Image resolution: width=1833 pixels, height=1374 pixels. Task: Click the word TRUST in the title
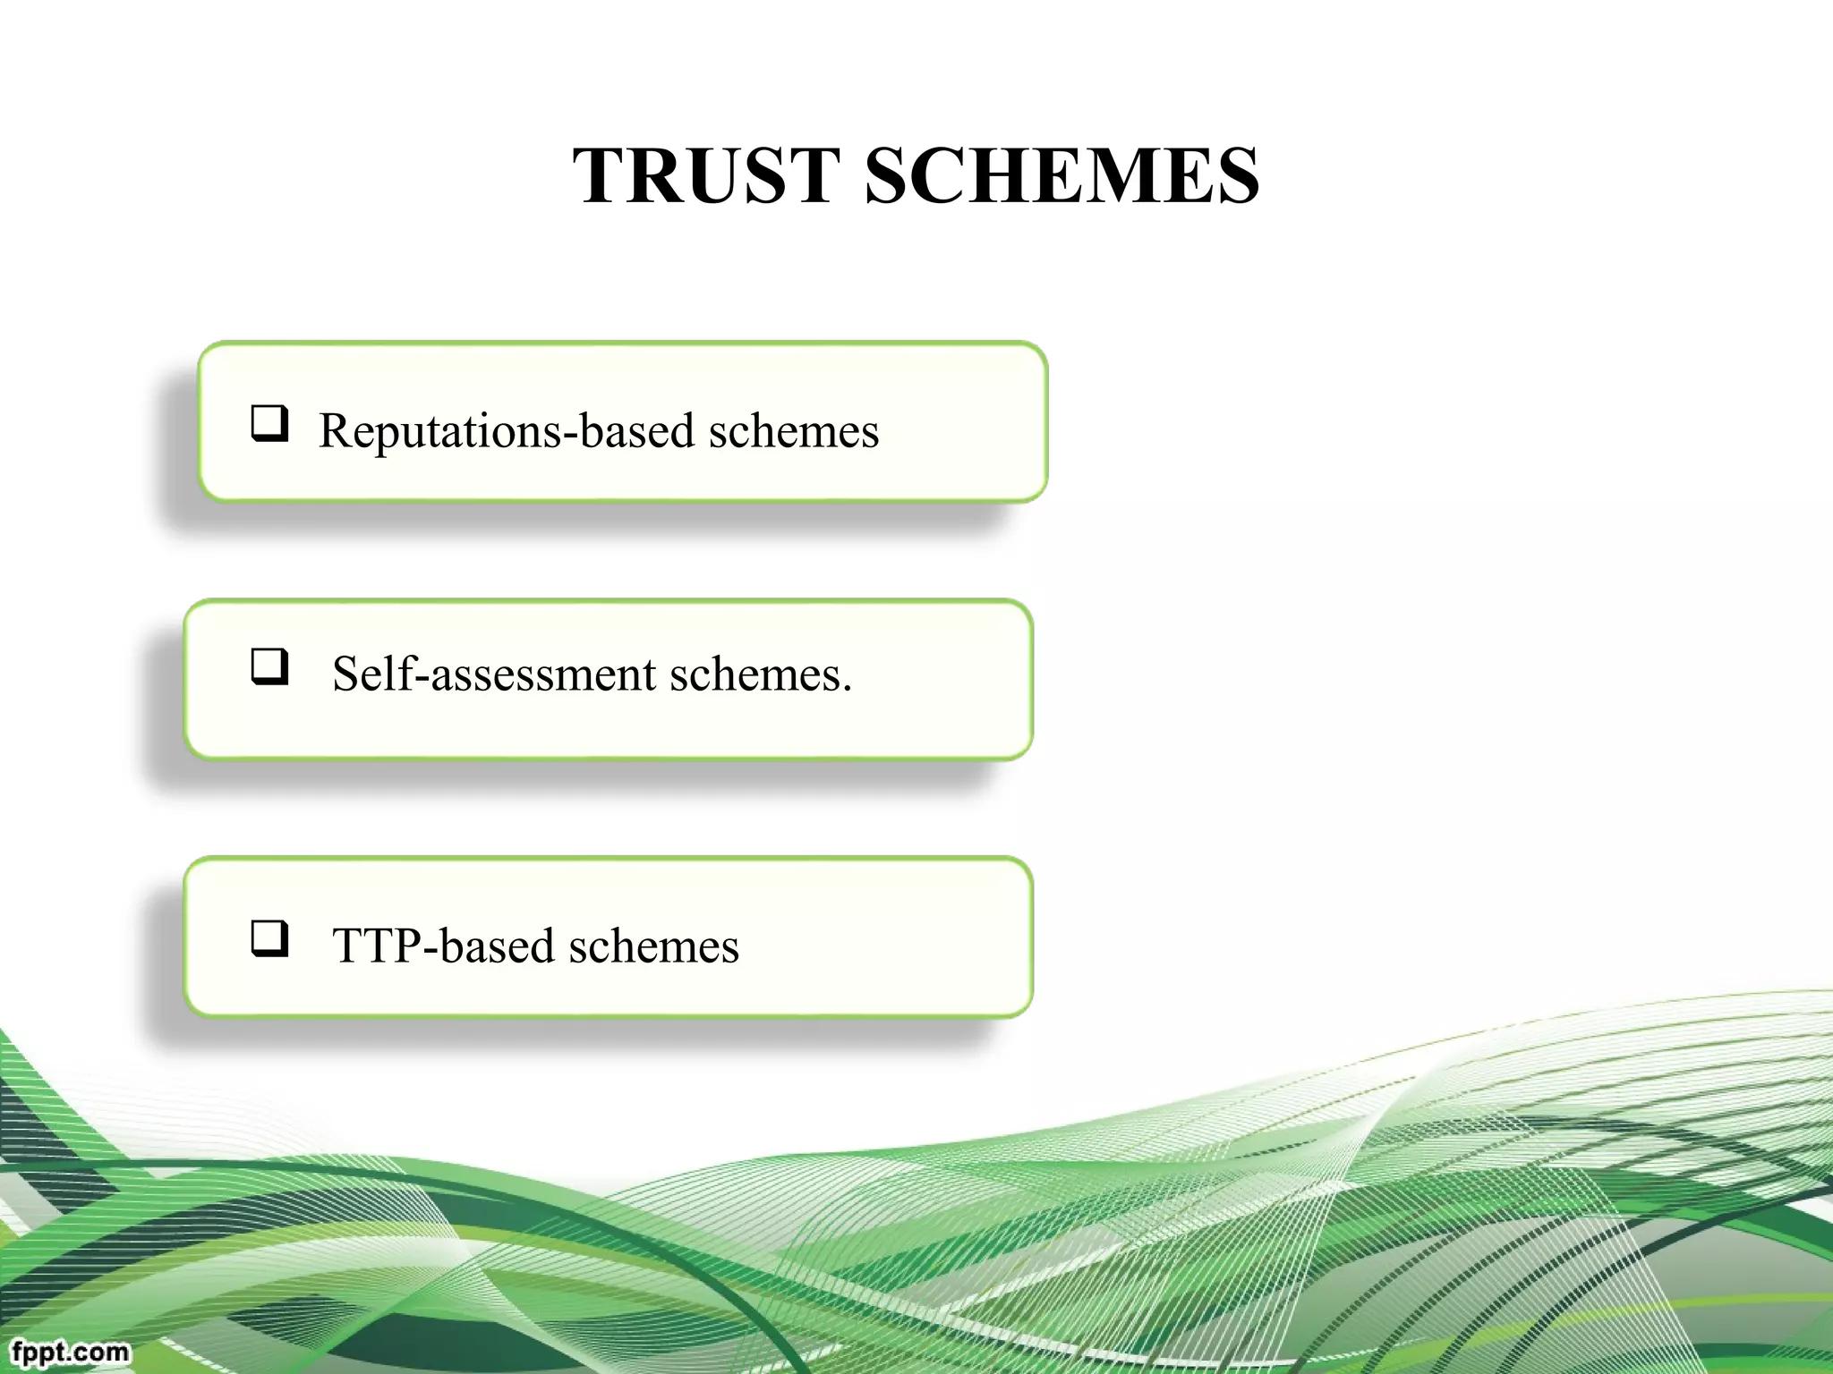pyautogui.click(x=707, y=175)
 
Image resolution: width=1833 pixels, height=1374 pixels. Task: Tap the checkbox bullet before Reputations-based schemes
pyautogui.click(x=269, y=423)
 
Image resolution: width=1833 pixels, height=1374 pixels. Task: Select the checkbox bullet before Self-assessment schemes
pyautogui.click(x=269, y=666)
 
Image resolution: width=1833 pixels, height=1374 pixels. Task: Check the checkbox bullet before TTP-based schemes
pyautogui.click(x=269, y=938)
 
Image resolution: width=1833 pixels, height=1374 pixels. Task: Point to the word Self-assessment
pyautogui.click(x=494, y=674)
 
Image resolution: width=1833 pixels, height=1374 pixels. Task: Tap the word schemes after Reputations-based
pyautogui.click(x=794, y=431)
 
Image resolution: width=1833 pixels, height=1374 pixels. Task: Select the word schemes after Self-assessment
pyautogui.click(x=755, y=674)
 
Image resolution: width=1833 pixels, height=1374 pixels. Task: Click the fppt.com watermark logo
pyautogui.click(x=70, y=1351)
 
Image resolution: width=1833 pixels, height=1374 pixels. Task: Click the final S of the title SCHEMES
pyautogui.click(x=1235, y=175)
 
